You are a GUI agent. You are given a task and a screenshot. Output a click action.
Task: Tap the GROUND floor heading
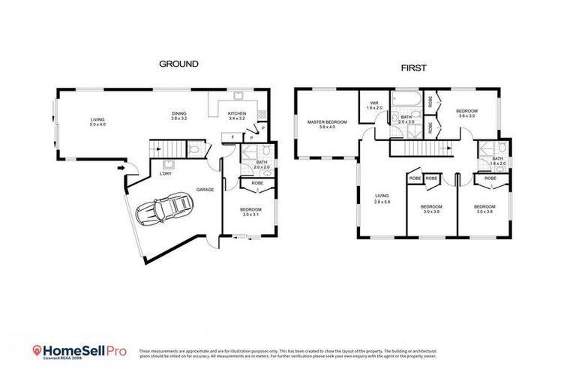pos(178,64)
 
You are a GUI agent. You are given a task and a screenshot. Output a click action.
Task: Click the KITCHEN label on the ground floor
pos(236,114)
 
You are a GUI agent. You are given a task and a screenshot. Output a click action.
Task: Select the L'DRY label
pos(165,174)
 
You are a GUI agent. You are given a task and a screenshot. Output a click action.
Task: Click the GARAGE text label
pos(205,190)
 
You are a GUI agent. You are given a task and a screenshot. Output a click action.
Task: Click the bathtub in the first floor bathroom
pos(406,100)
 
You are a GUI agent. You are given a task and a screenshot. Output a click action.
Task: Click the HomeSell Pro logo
pos(79,351)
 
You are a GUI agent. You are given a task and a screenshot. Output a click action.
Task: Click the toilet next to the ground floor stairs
pos(193,150)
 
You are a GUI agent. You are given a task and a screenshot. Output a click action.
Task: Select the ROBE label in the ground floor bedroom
pos(256,183)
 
